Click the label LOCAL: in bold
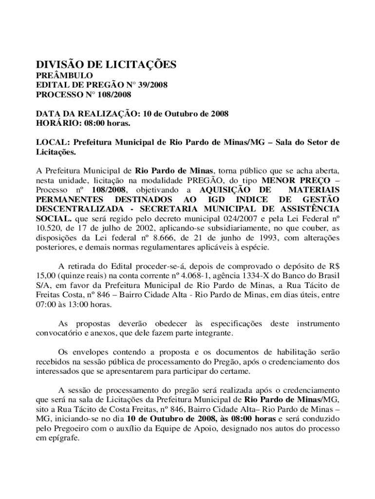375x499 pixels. click(x=53, y=143)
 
